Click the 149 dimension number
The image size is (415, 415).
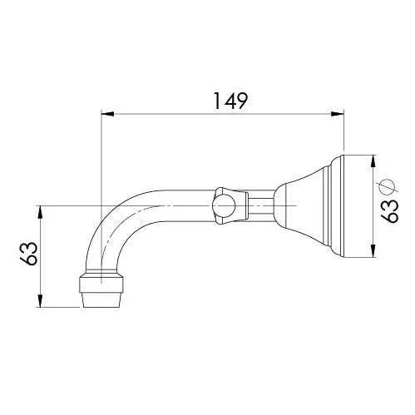tap(225, 101)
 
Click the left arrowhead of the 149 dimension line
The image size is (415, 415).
tap(106, 116)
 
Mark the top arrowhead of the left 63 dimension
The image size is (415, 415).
tap(41, 209)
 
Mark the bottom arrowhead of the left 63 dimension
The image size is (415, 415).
tap(41, 303)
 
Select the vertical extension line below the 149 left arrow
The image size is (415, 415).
tap(101, 158)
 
